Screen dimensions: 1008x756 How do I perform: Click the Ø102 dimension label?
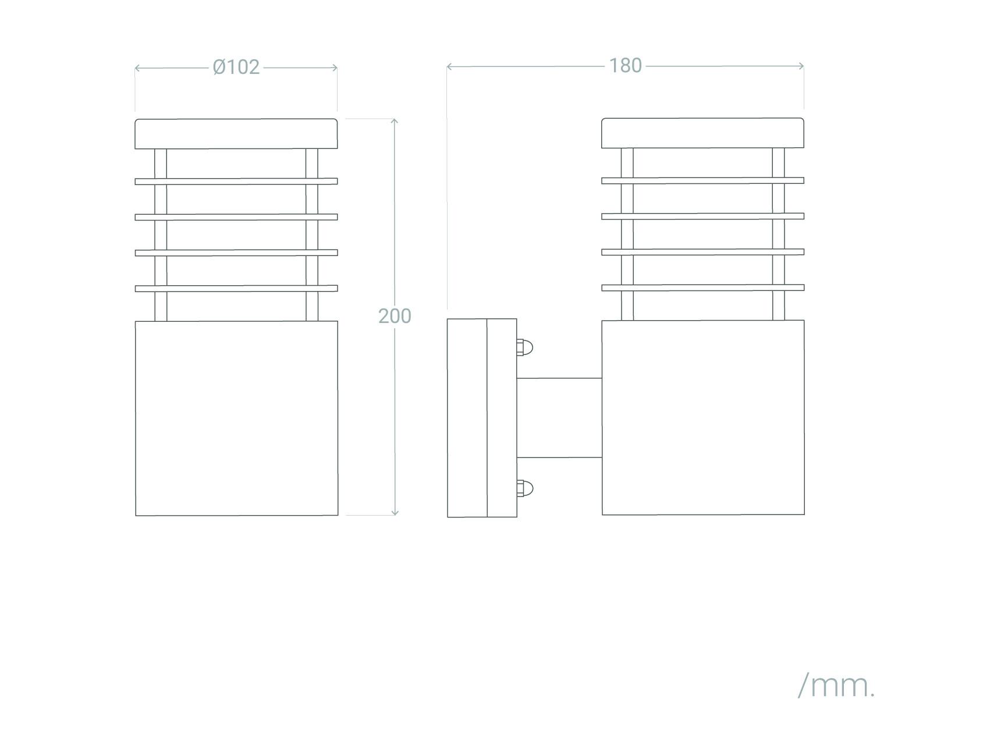[236, 68]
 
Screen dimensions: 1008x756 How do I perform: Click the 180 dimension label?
[625, 66]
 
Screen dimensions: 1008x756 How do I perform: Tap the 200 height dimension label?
[395, 316]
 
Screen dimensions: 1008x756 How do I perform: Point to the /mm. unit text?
[836, 686]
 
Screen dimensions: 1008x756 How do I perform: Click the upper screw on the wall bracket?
[524, 347]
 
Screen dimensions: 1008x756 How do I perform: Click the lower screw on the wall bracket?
[524, 489]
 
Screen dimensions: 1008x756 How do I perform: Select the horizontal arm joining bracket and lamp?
[559, 418]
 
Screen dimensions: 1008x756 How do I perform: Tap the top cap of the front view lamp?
[236, 134]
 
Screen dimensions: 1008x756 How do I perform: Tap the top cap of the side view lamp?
[702, 133]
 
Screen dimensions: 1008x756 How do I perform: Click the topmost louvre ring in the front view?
[236, 182]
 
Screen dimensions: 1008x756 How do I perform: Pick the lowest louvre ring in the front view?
[236, 289]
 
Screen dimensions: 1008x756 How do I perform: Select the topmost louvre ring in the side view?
[702, 180]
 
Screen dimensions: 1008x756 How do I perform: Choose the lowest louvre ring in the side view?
[702, 288]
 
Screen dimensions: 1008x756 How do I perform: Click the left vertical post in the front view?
[161, 235]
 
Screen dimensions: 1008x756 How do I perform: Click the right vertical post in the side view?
[779, 234]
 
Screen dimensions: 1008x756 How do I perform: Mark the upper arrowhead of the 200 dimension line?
[395, 121]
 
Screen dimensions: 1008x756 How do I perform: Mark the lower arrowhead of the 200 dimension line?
[395, 512]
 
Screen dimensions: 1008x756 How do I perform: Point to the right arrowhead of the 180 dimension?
[801, 66]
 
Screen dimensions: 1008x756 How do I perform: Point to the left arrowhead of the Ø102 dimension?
[138, 68]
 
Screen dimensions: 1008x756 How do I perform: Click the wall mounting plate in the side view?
[482, 418]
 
